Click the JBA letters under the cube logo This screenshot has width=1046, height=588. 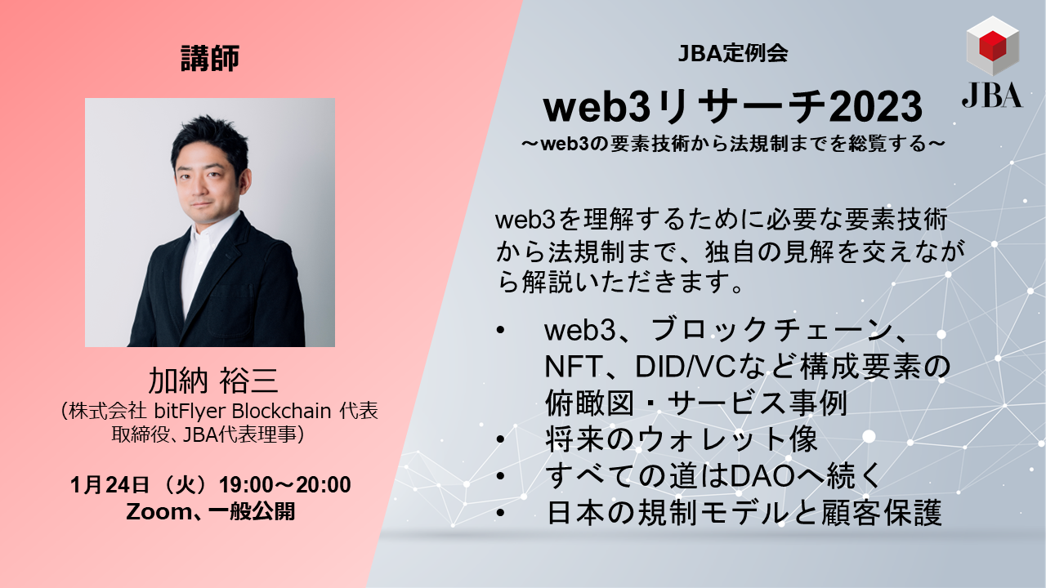point(991,95)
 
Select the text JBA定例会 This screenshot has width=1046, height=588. point(732,55)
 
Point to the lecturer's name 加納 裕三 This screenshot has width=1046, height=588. point(213,381)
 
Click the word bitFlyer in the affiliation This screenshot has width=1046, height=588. point(185,412)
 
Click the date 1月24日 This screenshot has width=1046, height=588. point(110,485)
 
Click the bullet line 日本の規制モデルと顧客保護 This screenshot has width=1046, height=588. point(744,514)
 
